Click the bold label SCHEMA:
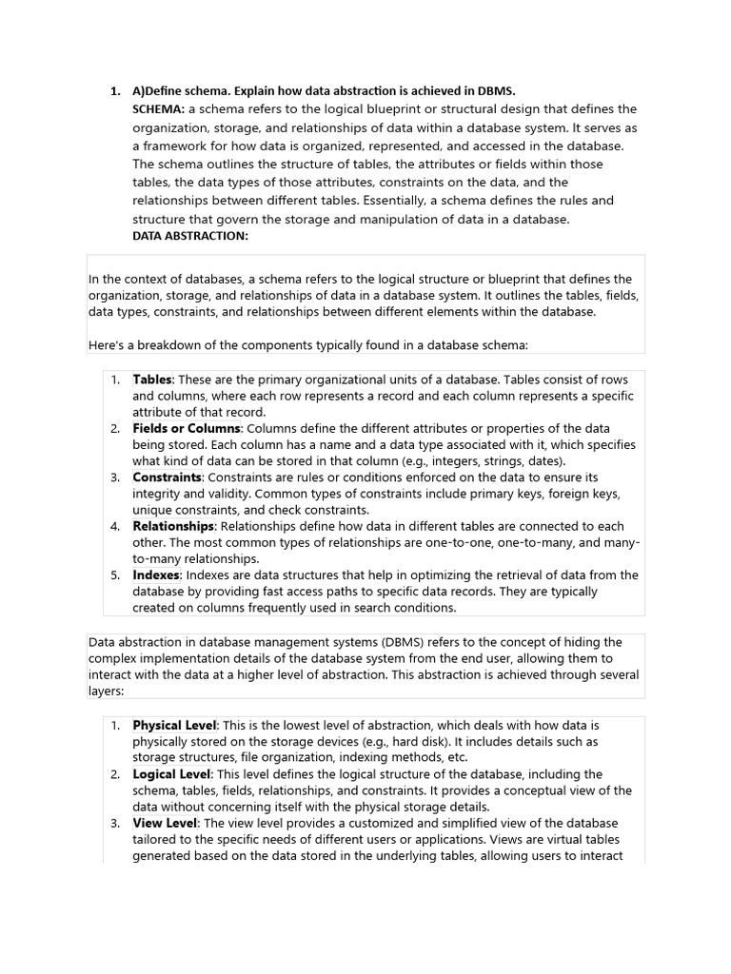(x=158, y=109)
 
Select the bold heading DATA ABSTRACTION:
(x=189, y=237)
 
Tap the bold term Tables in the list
(x=152, y=380)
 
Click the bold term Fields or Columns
(x=186, y=429)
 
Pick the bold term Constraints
(x=167, y=477)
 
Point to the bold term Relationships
(x=174, y=526)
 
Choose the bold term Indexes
(x=156, y=575)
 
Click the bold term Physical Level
(x=175, y=726)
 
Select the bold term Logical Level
(x=171, y=774)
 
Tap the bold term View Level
(x=165, y=823)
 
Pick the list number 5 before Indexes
(x=114, y=575)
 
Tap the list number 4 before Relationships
(x=114, y=526)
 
